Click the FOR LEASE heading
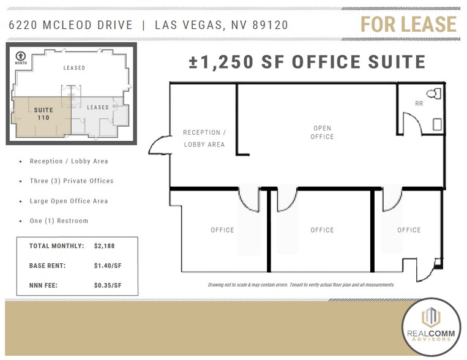[408, 24]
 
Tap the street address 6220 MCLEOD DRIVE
[71, 25]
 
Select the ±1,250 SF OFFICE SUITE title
[307, 62]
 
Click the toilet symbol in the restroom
[434, 94]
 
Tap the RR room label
[419, 103]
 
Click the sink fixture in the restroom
[437, 124]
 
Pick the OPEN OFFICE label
[323, 132]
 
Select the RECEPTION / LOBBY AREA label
[204, 138]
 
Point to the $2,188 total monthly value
[104, 246]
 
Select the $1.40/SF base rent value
[108, 265]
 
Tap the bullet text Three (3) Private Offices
[71, 181]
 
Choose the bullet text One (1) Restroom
[59, 220]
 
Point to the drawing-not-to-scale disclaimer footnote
[301, 285]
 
